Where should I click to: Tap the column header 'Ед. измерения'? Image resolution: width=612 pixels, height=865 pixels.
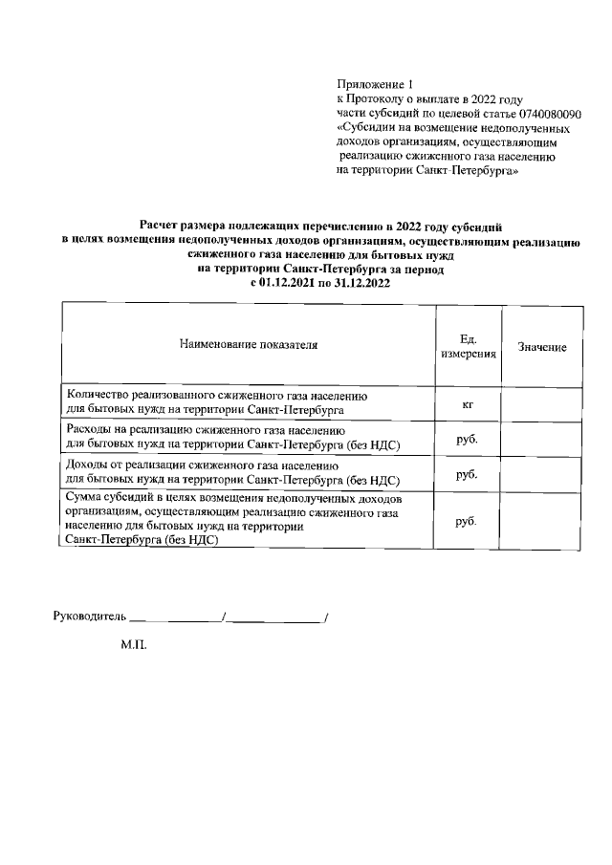[x=469, y=345]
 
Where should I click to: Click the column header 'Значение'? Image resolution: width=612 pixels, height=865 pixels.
[x=542, y=347]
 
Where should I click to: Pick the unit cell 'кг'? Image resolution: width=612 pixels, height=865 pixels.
[x=469, y=404]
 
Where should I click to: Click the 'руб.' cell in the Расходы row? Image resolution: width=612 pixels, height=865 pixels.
[x=468, y=439]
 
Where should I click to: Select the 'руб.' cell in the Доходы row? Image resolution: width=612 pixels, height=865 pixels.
[x=468, y=473]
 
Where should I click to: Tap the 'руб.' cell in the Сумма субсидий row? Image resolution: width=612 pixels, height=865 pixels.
[x=468, y=521]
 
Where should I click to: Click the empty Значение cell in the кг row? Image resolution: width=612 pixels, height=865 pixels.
[x=542, y=404]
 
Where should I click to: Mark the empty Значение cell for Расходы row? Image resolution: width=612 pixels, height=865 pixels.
[x=542, y=439]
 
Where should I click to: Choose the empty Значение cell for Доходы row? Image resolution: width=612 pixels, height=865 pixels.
[x=542, y=473]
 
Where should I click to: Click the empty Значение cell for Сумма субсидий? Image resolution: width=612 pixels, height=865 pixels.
[x=542, y=521]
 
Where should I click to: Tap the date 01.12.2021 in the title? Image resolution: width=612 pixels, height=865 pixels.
[x=290, y=284]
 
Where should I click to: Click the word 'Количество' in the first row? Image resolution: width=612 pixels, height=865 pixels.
[x=98, y=395]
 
